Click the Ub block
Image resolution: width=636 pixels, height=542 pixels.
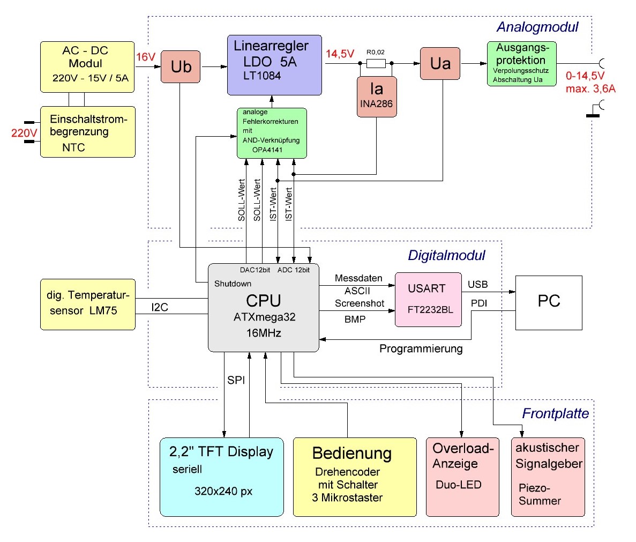[181, 67]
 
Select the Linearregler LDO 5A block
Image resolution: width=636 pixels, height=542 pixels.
[274, 65]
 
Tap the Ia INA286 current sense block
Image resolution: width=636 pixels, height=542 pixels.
[376, 96]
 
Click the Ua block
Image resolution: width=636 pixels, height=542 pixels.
[440, 64]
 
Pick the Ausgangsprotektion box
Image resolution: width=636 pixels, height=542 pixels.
[522, 64]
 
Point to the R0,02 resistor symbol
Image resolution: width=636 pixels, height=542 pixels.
[375, 64]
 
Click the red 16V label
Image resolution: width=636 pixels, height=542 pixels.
[146, 57]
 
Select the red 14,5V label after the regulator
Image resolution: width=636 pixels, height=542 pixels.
[340, 54]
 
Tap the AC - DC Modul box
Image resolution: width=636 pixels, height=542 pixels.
[87, 66]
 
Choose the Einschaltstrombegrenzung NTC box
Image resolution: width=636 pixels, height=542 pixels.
[87, 132]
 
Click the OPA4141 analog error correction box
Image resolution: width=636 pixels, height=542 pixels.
[272, 133]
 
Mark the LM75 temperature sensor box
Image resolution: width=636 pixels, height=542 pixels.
[87, 304]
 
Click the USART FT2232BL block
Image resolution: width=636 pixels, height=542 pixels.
[428, 299]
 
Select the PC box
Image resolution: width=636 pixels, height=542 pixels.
[548, 302]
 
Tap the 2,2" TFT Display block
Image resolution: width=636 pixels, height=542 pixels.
[221, 477]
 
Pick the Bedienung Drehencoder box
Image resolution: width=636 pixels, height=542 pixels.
[354, 477]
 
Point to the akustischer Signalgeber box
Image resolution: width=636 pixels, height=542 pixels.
[548, 477]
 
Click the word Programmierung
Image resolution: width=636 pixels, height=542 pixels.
[421, 349]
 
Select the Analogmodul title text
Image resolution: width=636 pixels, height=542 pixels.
[537, 27]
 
